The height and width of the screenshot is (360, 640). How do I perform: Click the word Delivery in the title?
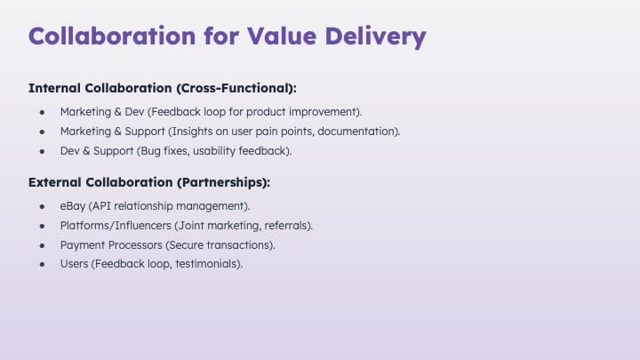(375, 36)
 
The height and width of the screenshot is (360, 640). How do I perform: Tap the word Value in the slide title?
(282, 36)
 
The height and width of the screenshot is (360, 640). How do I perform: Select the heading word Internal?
(54, 88)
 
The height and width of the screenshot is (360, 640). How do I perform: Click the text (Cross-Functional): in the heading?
(236, 88)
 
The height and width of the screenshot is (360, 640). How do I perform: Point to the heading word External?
(55, 182)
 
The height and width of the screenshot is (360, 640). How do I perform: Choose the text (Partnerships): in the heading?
(224, 182)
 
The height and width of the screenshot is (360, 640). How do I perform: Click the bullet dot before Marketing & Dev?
(42, 112)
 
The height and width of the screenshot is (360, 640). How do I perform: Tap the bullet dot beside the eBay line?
(42, 206)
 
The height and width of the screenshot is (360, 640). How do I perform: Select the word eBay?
(73, 206)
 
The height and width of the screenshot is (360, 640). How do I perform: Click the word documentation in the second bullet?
(358, 132)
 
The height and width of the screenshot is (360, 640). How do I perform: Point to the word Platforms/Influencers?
(116, 226)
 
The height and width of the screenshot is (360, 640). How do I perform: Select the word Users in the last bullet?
(74, 264)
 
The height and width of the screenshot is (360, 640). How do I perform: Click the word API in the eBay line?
(100, 206)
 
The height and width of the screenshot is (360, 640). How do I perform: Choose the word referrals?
(288, 226)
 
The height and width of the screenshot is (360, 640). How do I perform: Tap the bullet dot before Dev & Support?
(42, 151)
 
